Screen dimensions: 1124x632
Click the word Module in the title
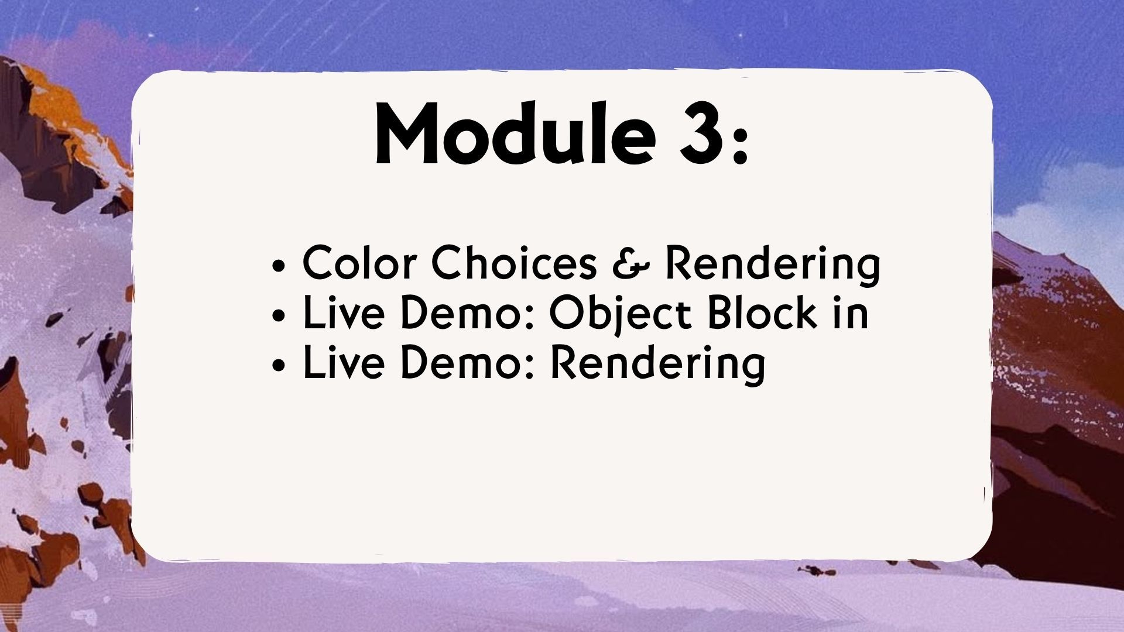pyautogui.click(x=515, y=134)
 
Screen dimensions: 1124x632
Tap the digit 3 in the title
pyautogui.click(x=700, y=135)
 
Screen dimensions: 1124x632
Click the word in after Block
pyautogui.click(x=850, y=312)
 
